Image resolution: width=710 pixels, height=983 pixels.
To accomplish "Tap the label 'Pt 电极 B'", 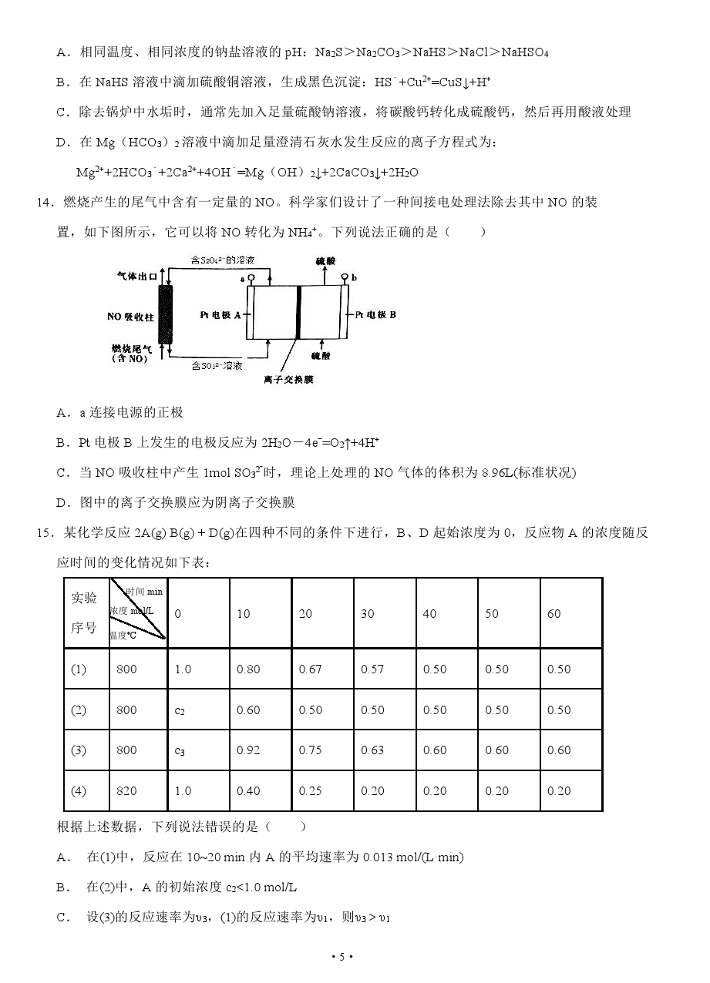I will tap(375, 315).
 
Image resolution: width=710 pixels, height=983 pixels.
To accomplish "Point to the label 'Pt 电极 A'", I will tap(220, 315).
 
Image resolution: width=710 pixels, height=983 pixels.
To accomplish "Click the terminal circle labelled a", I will tap(251, 277).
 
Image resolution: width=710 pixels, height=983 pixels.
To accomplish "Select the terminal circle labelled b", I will tap(345, 277).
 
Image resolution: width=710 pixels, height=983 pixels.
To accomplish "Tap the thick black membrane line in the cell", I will tap(298, 312).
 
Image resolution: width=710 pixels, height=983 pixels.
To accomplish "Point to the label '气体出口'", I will tap(137, 275).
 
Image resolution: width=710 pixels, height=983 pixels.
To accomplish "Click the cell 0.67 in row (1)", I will tap(310, 669).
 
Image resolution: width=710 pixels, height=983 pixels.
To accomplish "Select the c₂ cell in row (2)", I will tap(180, 710).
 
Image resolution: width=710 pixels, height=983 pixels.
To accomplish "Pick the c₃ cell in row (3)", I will tap(180, 750).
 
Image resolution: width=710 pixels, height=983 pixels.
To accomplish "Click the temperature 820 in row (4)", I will tap(126, 791).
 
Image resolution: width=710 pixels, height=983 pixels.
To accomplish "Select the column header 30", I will tap(368, 614).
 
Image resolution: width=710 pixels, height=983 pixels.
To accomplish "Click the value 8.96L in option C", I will tap(453, 472).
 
